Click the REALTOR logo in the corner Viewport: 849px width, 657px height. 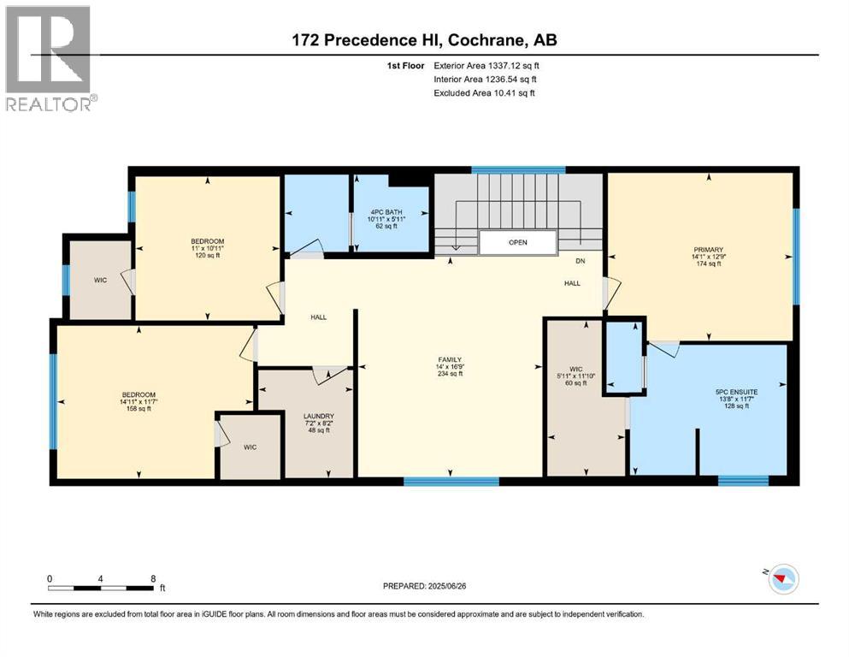[48, 58]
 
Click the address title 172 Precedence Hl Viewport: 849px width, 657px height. [424, 40]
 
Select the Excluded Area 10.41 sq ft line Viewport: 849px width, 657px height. [485, 92]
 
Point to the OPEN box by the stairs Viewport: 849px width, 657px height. [517, 242]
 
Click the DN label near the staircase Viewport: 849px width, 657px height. [580, 261]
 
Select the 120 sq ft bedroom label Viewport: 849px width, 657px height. [207, 247]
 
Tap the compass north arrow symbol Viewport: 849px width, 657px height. [781, 579]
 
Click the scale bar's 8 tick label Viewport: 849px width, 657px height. [152, 578]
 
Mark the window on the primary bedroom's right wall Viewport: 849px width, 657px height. [796, 256]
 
